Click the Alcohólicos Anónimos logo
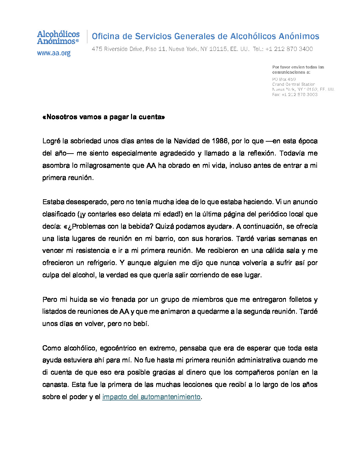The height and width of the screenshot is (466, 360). [x=58, y=37]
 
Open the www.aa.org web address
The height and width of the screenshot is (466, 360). [x=54, y=53]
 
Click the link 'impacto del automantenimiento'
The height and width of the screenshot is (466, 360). [x=151, y=396]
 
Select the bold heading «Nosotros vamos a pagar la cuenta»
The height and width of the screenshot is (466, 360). [x=104, y=117]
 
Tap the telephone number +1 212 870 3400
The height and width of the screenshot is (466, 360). [x=289, y=49]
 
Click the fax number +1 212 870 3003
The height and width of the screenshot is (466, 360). [x=299, y=95]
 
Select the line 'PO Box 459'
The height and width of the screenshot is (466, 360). [x=284, y=79]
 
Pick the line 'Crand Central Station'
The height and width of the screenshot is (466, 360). [x=293, y=84]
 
